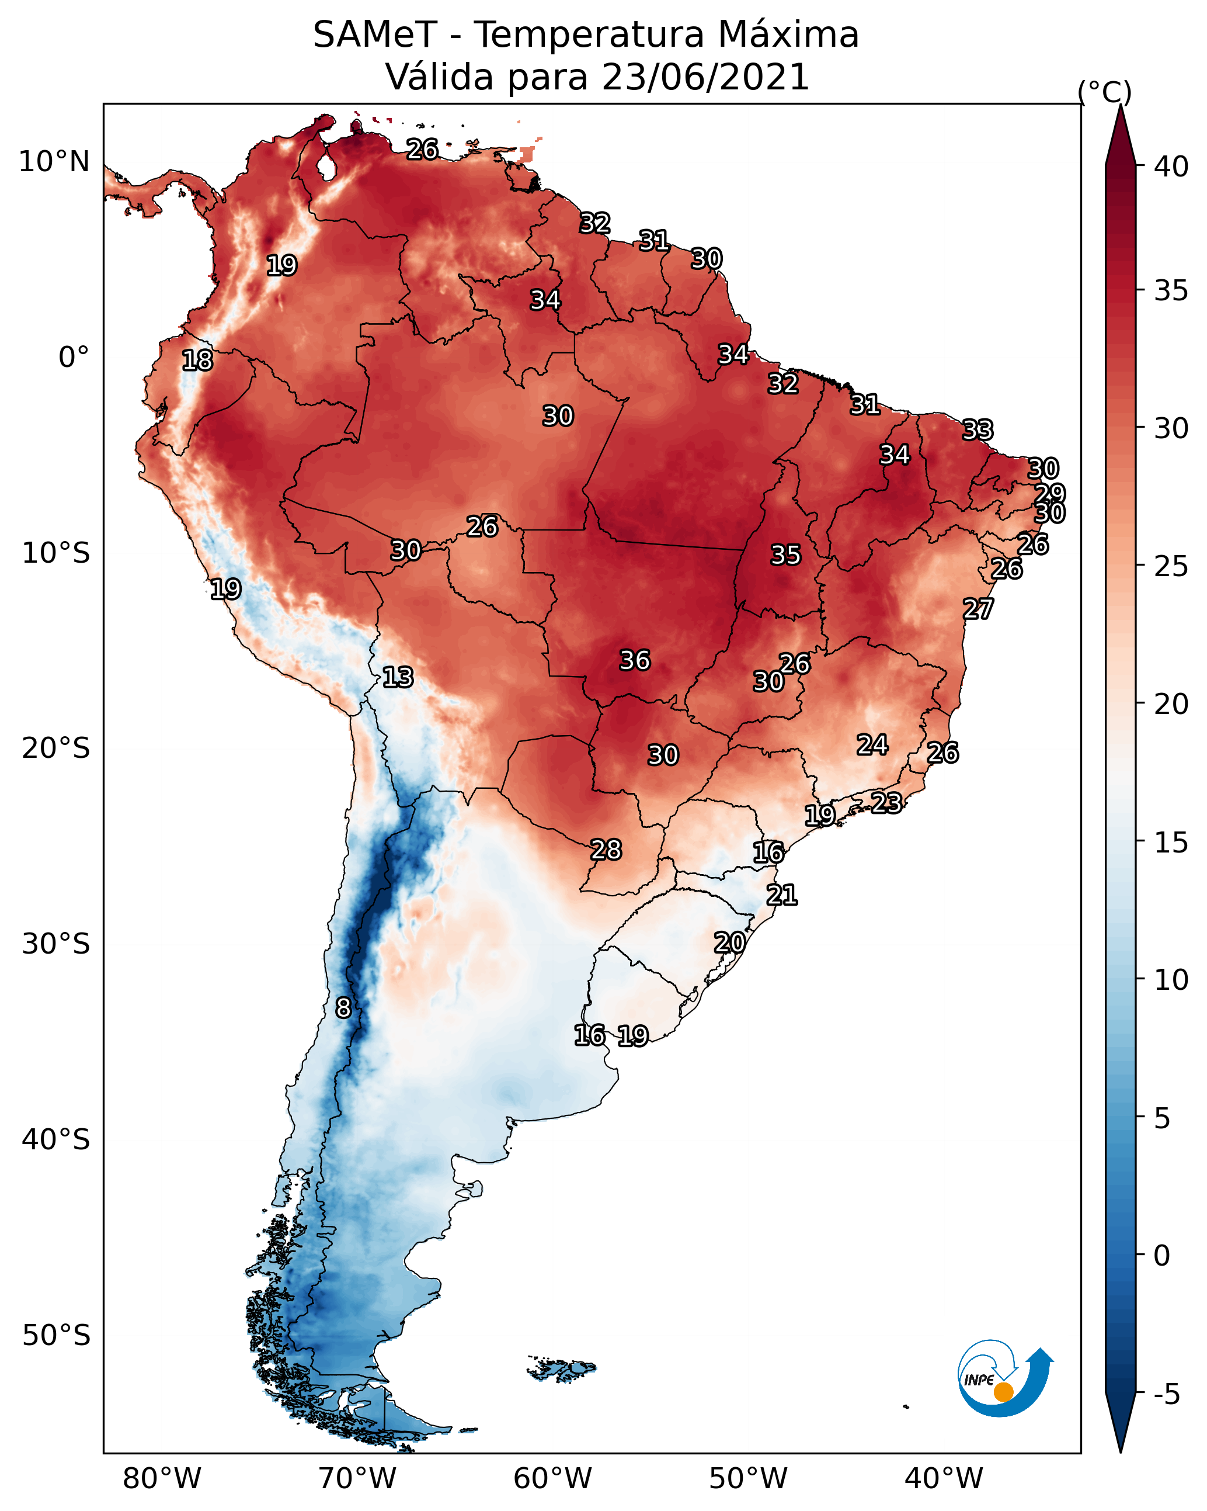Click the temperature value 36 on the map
[x=635, y=660]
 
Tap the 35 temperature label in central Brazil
[x=785, y=555]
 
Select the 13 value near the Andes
[x=398, y=677]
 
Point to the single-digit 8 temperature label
[x=343, y=1008]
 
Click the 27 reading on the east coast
[x=978, y=608]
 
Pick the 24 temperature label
[x=872, y=744]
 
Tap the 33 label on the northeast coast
[x=978, y=429]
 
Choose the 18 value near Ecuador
[x=197, y=361]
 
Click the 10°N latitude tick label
[x=54, y=162]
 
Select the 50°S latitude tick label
[x=56, y=1336]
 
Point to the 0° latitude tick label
[x=74, y=358]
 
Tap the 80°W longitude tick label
[x=162, y=1478]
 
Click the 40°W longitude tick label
[x=944, y=1478]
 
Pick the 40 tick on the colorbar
[x=1171, y=167]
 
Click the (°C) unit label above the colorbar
[x=1105, y=92]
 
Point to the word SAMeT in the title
[x=375, y=35]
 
